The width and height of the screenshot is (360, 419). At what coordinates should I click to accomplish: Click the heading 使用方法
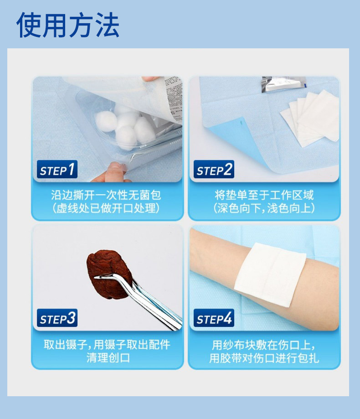68,25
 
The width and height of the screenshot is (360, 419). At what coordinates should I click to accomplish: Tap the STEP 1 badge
57,170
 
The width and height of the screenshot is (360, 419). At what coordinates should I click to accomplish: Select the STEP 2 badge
214,170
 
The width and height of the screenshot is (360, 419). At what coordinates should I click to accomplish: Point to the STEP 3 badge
57,318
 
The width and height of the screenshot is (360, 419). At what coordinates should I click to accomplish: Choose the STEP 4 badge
214,318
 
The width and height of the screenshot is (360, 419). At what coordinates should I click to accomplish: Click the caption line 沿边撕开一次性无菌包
106,196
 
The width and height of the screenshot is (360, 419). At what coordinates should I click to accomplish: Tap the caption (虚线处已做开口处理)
106,208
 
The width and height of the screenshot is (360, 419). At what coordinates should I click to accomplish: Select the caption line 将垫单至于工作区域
264,196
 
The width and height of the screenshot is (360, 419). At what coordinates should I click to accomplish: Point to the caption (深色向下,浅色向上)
264,208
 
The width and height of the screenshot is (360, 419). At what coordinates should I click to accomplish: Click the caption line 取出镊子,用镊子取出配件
107,344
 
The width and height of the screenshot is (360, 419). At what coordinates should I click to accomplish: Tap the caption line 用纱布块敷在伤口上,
264,344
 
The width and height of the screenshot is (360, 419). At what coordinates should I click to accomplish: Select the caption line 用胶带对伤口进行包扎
264,358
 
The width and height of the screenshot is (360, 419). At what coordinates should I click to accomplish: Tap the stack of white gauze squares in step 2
312,116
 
